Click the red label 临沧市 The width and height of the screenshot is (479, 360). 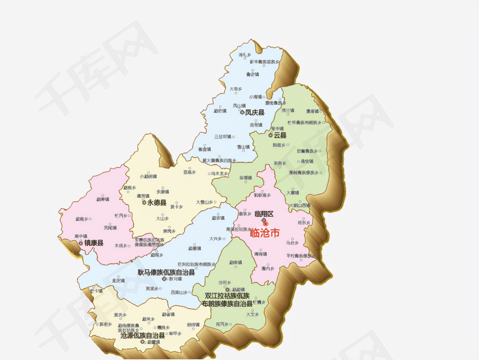point(265,233)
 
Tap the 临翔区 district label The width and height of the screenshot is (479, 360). point(264,214)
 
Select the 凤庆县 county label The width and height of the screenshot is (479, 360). point(255,113)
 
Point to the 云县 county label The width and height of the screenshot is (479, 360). point(280,135)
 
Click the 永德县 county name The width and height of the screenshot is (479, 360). point(157,202)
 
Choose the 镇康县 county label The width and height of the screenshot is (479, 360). point(94,243)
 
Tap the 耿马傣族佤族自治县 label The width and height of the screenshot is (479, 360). point(166,272)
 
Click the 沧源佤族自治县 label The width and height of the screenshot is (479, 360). point(143,335)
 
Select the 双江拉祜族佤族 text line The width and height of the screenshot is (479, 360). point(227,296)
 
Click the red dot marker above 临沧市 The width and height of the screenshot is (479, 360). point(266,223)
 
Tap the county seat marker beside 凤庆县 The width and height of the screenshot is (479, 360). point(242,113)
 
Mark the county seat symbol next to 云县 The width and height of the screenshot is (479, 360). point(270,135)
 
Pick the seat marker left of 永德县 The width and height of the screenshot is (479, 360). point(144,202)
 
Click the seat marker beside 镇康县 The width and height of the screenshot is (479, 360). point(81,243)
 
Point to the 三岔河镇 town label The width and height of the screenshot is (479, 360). point(223,137)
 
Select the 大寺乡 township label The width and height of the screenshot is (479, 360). point(236,89)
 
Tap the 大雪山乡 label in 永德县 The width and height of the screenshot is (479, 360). point(204,202)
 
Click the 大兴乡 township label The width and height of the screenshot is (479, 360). point(215,239)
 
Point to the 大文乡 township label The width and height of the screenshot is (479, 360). point(252,314)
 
